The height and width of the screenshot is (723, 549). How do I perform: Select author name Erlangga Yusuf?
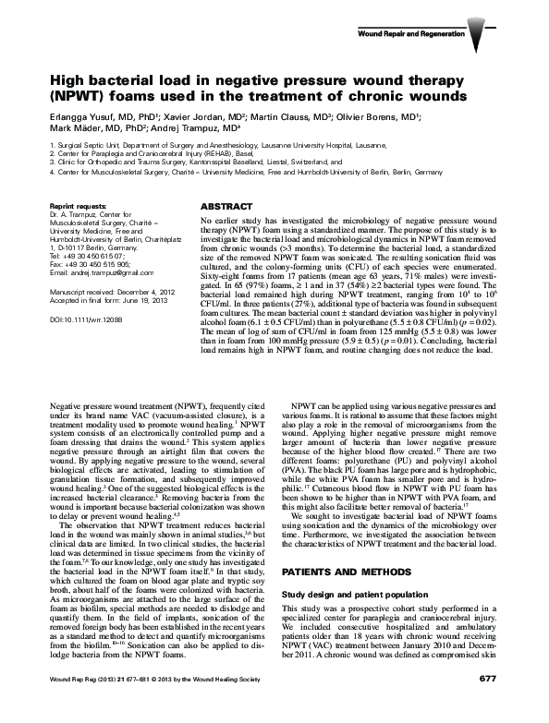click(79, 118)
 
